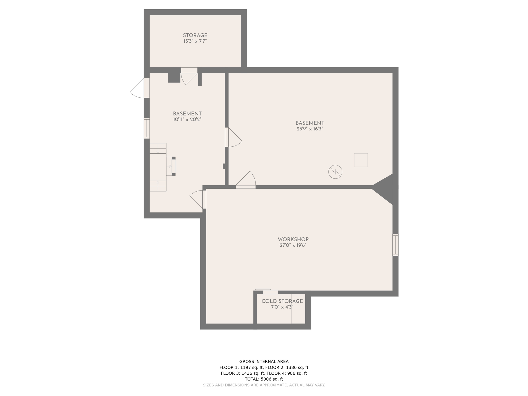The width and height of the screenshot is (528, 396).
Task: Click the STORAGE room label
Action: (x=195, y=35)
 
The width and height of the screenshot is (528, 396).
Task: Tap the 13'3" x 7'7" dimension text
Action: (x=195, y=41)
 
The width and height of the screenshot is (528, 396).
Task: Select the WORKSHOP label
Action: (x=293, y=240)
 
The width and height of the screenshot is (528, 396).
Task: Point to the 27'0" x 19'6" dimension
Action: (x=293, y=245)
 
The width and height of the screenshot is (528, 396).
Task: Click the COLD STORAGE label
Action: (x=282, y=301)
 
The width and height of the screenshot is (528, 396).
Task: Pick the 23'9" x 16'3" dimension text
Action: (x=310, y=129)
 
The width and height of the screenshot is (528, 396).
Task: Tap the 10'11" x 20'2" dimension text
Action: (x=187, y=119)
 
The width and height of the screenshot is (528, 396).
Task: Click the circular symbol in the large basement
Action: (x=335, y=172)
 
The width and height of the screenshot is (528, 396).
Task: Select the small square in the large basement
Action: (x=361, y=160)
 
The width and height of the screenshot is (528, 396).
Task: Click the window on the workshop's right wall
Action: (x=395, y=245)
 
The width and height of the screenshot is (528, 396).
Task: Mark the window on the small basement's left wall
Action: (x=147, y=128)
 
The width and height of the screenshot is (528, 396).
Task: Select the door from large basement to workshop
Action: (x=246, y=180)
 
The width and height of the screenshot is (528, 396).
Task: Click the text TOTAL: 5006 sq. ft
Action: (x=264, y=379)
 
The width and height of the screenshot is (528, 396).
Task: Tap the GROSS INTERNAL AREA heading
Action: (x=264, y=361)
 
